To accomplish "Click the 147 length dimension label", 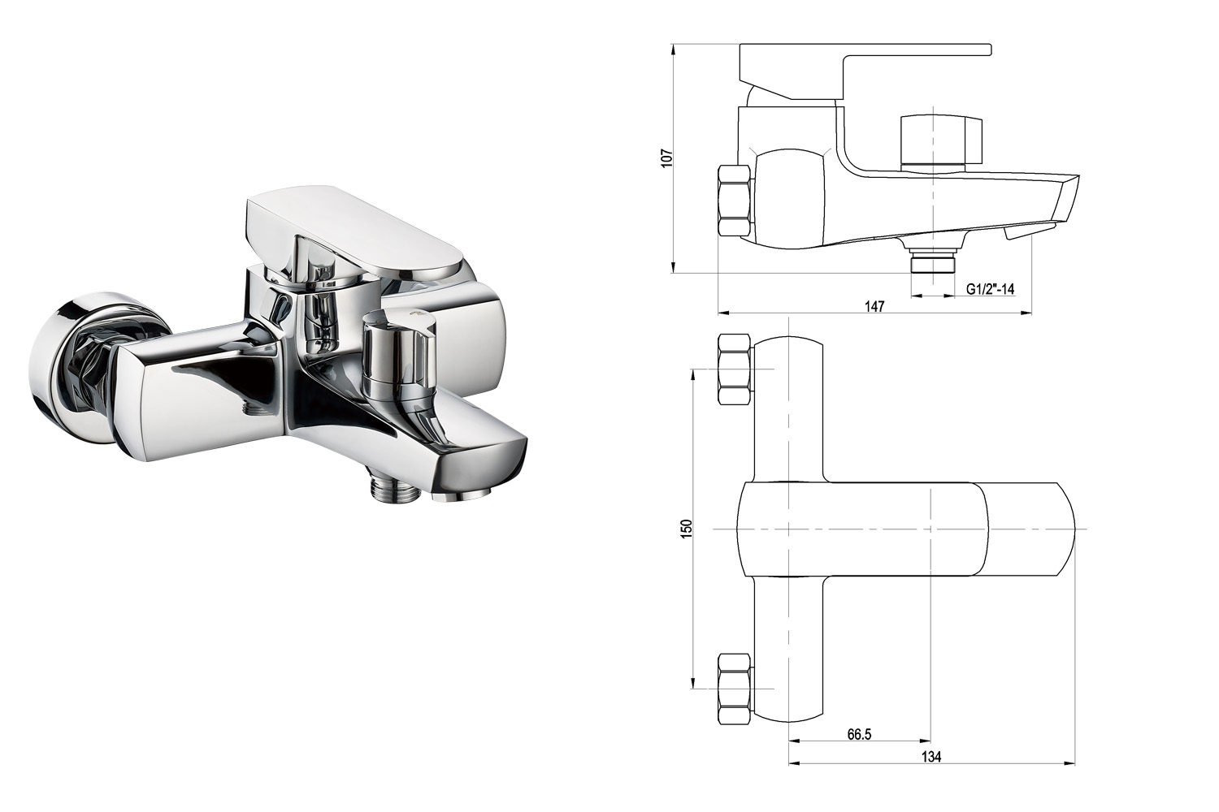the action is [x=874, y=306].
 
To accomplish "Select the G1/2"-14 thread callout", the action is [x=991, y=289].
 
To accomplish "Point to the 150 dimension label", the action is [x=686, y=529].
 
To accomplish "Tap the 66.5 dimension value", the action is [x=859, y=734].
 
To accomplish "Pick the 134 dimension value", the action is [x=931, y=757].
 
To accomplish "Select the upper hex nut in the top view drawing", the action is [x=735, y=369].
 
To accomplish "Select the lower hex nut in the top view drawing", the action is [x=735, y=689].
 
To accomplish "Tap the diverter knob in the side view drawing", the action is [x=941, y=139].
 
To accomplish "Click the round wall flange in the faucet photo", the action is [x=68, y=375].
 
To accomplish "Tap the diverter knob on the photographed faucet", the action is [x=400, y=352].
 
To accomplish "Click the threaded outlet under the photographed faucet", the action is [x=395, y=490].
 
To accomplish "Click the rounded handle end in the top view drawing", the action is [x=1030, y=529].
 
